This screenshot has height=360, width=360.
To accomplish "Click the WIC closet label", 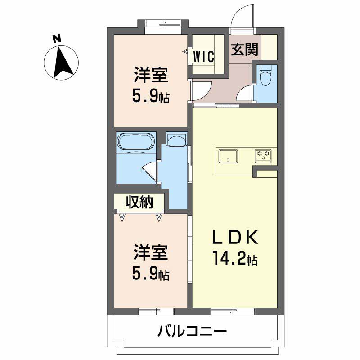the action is click(x=204, y=56).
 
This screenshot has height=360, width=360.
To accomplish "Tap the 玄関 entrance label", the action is click(x=244, y=49).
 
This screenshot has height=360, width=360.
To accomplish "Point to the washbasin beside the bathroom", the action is click(x=176, y=140).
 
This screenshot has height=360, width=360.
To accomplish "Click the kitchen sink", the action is click(x=228, y=156).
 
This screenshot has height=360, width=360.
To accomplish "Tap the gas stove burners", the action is click(x=263, y=156).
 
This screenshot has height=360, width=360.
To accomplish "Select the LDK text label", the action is click(x=235, y=237).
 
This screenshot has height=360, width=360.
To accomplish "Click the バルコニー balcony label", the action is click(x=192, y=331).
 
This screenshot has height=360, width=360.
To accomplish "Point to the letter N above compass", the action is click(x=57, y=39).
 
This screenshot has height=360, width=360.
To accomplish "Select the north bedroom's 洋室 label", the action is click(x=151, y=75).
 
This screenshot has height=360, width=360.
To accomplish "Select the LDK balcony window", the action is click(x=233, y=311).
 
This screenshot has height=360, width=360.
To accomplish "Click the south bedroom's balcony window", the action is click(x=156, y=311).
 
